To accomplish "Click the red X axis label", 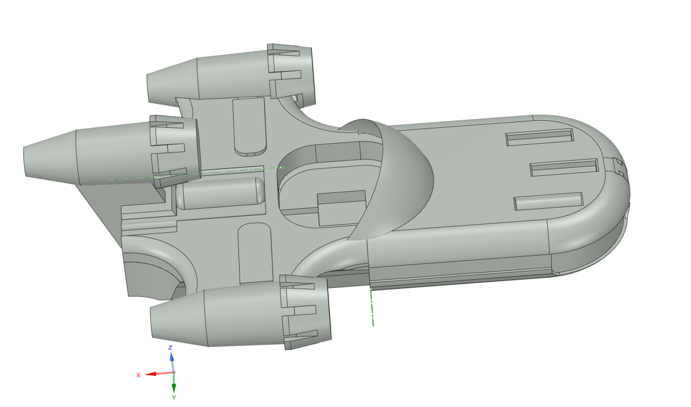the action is (139, 375).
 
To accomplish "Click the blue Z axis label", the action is (170, 348).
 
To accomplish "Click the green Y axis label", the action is (174, 398).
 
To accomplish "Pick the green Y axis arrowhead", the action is (174, 388).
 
